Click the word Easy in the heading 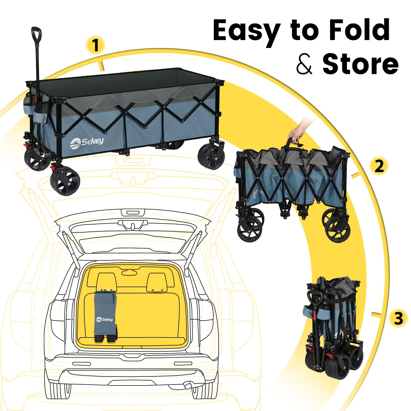point(246,31)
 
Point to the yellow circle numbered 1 point(95,45)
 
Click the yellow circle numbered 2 point(379,166)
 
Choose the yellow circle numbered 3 point(399,319)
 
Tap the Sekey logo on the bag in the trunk point(104,319)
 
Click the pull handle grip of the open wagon point(36,34)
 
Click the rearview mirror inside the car point(129,272)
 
